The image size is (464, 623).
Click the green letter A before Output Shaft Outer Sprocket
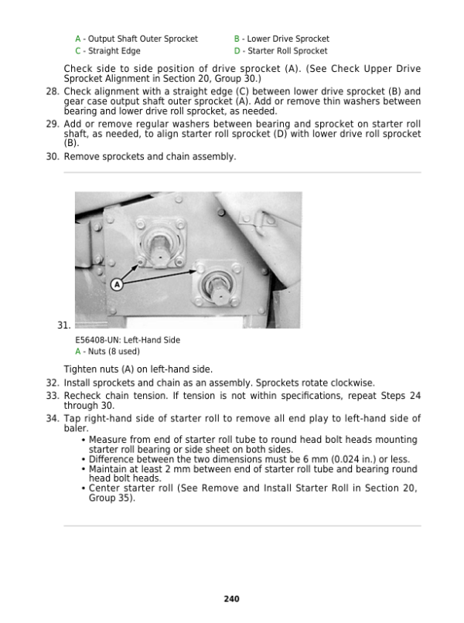77,39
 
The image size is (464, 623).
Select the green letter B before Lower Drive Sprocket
237,39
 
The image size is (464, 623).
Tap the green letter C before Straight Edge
77,52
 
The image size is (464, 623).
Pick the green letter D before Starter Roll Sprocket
237,52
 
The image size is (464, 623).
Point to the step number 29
53,124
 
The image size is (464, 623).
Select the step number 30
53,157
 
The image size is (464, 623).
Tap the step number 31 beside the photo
63,325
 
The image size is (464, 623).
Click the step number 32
53,383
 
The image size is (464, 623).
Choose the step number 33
53,396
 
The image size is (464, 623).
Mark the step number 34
53,419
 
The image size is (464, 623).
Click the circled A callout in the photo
117,284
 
